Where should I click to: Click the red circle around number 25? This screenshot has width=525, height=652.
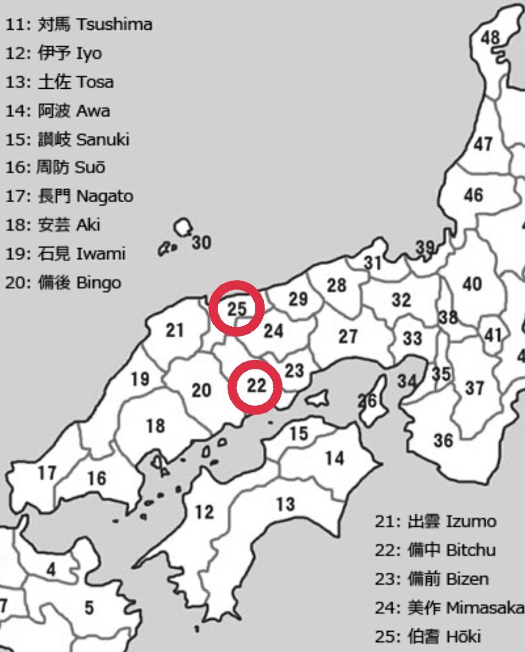236,308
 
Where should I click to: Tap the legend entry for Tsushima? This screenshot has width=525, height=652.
78,24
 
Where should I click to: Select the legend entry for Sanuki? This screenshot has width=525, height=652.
67,139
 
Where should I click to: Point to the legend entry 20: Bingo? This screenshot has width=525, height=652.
63,283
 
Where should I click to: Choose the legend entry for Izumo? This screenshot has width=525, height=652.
435,522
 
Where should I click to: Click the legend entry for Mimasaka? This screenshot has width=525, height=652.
449,607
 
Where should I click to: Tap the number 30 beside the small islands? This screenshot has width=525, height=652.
201,243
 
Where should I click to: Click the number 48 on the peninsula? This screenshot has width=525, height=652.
490,37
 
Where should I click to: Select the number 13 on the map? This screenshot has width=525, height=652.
286,504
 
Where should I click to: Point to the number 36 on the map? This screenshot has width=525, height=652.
443,440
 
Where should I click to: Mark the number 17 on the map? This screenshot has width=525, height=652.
47,473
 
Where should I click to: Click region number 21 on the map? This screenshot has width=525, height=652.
175,330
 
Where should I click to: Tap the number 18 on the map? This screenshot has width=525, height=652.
155,425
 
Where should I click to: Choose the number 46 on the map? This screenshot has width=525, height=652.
473,195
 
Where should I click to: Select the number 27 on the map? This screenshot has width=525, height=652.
348,337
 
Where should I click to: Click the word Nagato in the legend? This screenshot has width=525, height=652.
105,196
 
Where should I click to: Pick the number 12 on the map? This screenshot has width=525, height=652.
204,511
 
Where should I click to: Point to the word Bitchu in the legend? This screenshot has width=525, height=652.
471,550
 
